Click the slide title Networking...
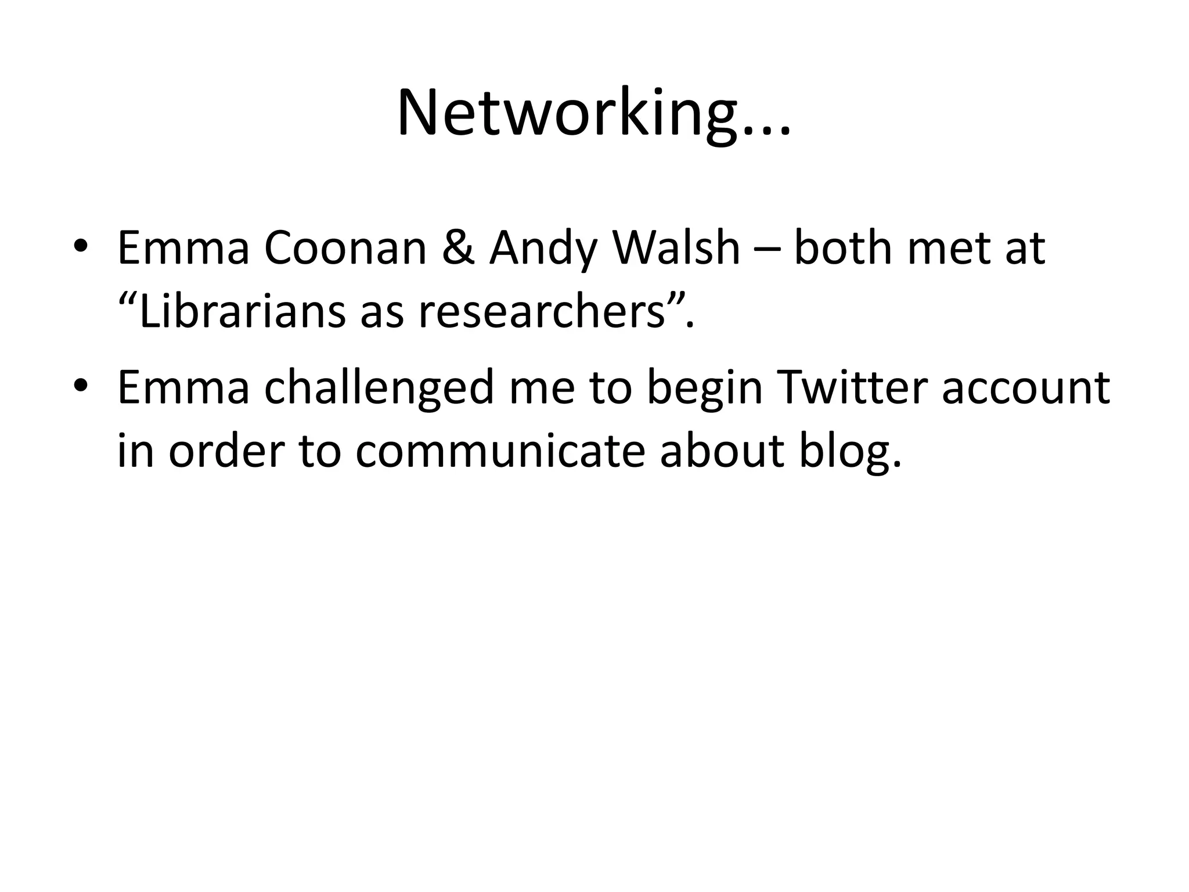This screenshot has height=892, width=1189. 593,114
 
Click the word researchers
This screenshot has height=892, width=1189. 541,312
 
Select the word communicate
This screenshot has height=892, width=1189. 500,452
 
